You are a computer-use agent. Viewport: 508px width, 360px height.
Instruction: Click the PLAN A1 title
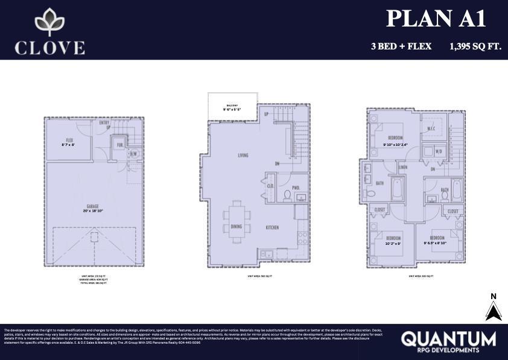click(436, 19)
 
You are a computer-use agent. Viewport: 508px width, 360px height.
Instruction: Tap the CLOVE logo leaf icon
click(50, 22)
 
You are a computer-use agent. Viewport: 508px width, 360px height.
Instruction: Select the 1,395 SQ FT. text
click(475, 46)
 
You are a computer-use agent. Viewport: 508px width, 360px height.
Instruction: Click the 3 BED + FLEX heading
click(401, 46)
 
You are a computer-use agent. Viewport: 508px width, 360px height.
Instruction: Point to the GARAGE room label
click(92, 206)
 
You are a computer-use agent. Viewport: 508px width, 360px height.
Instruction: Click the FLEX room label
click(70, 140)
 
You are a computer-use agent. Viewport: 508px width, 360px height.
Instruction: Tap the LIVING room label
click(243, 156)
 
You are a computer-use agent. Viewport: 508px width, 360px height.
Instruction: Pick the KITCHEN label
click(273, 227)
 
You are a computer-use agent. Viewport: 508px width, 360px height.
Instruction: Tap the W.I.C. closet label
click(431, 128)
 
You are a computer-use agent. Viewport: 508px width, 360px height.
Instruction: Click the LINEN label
click(403, 167)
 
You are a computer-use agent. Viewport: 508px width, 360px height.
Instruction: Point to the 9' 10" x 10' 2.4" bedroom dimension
click(396, 145)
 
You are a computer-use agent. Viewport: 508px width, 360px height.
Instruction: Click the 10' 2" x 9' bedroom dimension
click(393, 244)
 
